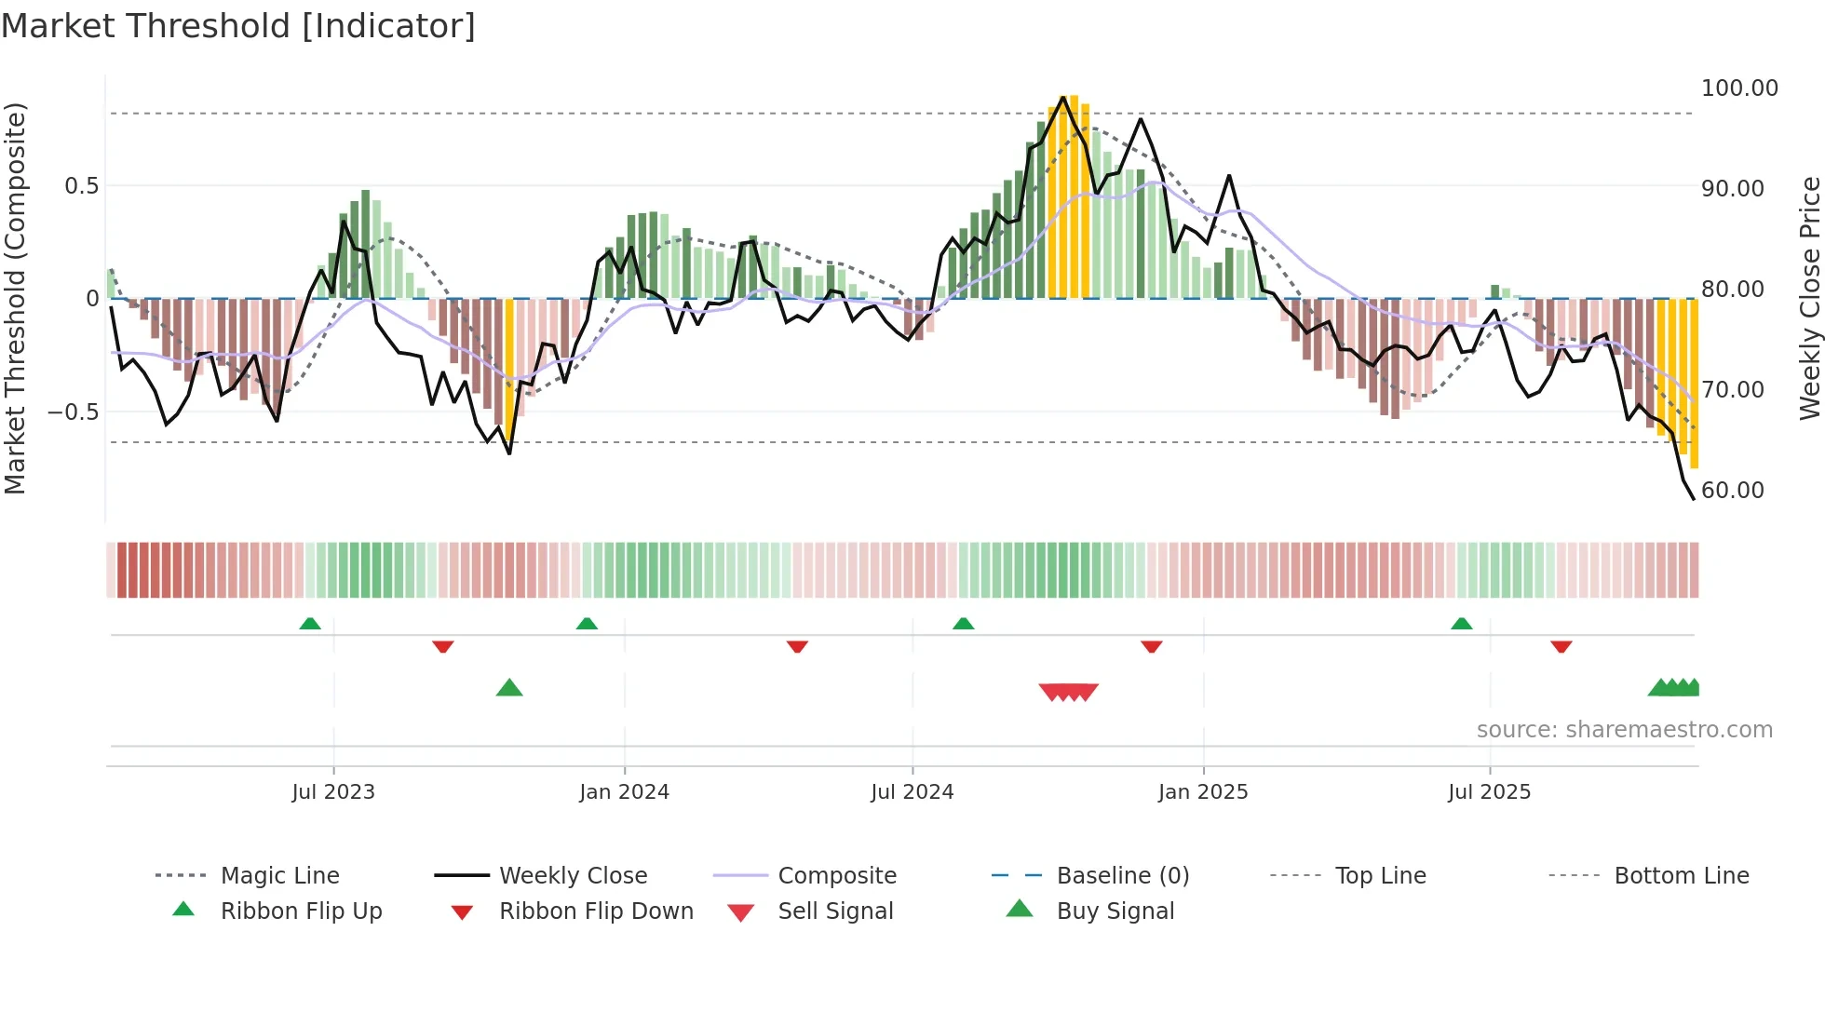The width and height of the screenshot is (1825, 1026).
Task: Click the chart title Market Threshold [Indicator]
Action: [x=238, y=26]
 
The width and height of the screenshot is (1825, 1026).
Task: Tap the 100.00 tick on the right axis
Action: [x=1738, y=88]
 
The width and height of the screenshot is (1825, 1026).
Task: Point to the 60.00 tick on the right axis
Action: [x=1732, y=491]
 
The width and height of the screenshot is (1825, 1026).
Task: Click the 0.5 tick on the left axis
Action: [x=81, y=186]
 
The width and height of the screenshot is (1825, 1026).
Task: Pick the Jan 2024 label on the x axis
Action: [x=624, y=792]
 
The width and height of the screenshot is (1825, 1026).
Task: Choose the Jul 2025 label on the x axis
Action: [x=1489, y=792]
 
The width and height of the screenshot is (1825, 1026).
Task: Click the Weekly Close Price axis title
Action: [x=1809, y=298]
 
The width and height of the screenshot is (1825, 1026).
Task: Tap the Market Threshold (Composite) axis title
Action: [x=15, y=298]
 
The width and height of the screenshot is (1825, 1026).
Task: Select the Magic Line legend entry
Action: [x=279, y=876]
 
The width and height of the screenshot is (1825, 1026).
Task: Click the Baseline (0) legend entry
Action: [x=1122, y=876]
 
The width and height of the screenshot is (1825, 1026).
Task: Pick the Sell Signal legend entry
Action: [x=835, y=911]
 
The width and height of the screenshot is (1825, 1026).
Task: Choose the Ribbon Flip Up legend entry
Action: [x=301, y=911]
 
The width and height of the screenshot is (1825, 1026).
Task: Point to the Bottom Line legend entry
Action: [x=1681, y=876]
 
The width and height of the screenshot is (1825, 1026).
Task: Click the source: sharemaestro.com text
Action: [x=1624, y=730]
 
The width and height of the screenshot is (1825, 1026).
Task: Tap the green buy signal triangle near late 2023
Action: [x=509, y=689]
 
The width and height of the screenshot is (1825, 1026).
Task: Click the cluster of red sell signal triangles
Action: [x=1068, y=692]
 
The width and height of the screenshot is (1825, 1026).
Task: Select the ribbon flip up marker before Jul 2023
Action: [x=310, y=624]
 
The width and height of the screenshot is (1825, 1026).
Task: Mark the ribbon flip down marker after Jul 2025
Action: [x=1561, y=646]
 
